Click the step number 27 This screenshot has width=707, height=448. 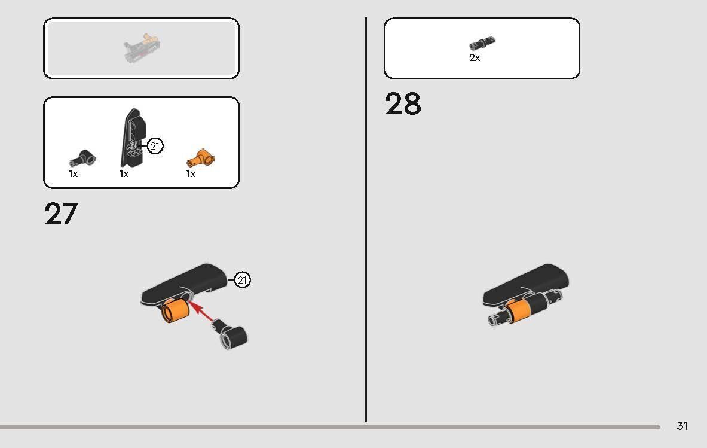point(62,214)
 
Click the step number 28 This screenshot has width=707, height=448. point(403,103)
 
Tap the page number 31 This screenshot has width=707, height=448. point(682,426)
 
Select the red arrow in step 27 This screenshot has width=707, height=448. point(201,312)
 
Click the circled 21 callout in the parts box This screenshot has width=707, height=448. point(155,146)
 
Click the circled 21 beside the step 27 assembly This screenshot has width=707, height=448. point(242,280)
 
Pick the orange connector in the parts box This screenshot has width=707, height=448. point(201,159)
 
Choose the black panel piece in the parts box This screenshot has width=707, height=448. point(133,138)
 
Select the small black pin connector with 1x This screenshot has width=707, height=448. point(82,159)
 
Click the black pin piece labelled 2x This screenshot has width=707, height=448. point(482,43)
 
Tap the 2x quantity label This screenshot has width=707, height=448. point(475,58)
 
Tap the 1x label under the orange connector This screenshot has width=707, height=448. point(191,174)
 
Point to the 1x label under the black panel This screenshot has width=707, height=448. point(124,173)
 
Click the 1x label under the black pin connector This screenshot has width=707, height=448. point(73,173)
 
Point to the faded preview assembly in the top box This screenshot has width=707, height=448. point(142,47)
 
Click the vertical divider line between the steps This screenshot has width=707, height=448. point(366,220)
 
